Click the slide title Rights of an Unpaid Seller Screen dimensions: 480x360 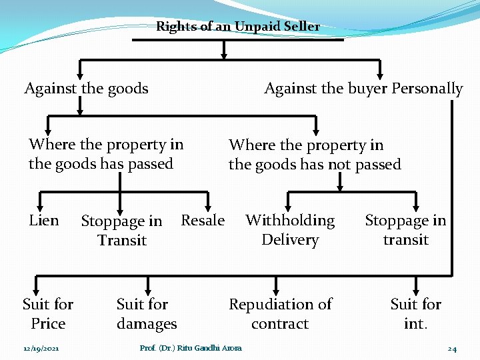(237, 27)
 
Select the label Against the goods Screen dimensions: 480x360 (86, 89)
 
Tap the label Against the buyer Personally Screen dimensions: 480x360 (363, 89)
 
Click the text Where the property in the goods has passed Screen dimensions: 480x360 (105, 154)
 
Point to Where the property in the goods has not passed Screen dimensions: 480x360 (315, 155)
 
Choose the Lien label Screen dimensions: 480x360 (44, 221)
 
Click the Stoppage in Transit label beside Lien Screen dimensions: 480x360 (121, 231)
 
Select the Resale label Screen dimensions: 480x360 (203, 221)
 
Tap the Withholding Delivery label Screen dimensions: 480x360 (290, 230)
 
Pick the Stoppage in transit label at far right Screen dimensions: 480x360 (405, 230)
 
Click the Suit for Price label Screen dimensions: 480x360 (48, 314)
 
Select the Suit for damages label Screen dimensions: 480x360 (147, 314)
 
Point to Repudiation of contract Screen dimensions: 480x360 (280, 314)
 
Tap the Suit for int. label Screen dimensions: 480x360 (415, 314)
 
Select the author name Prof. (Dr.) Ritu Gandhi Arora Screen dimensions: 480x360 (191, 348)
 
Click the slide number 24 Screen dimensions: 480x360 (452, 349)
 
